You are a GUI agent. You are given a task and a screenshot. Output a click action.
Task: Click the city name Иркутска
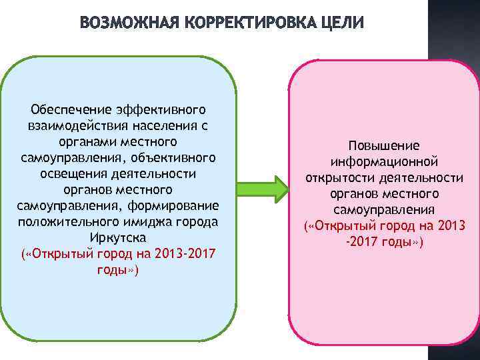[117, 237]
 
